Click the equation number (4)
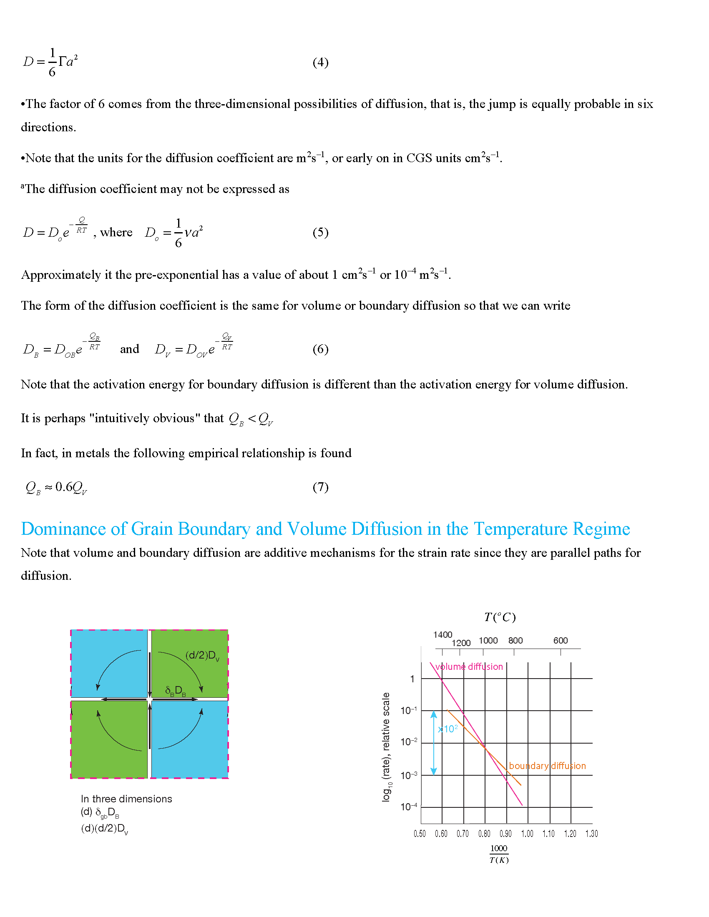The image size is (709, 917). coord(320,62)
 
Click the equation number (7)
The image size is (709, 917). coord(320,486)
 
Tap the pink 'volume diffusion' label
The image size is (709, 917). coord(469,666)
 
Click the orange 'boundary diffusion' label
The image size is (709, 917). coord(547,765)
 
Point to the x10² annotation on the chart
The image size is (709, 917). coord(448,729)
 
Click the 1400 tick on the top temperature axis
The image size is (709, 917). coord(442,634)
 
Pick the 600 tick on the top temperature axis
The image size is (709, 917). coord(560,640)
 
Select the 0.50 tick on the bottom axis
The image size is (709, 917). coord(420,834)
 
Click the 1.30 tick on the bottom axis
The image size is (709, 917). coord(591,834)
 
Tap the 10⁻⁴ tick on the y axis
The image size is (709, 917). coord(409,807)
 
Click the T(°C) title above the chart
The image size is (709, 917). coord(499,617)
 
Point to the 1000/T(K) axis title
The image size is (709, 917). coord(499,854)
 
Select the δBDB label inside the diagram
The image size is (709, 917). coord(175,691)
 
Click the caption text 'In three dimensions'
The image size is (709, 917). coord(126,799)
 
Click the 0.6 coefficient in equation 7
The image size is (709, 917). coord(63,486)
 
